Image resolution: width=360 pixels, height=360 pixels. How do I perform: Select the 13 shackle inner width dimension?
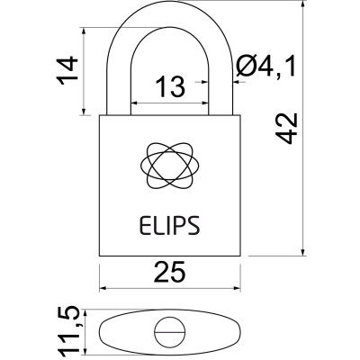click(168, 87)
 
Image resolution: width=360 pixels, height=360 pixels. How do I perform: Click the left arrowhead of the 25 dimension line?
click(102, 289)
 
